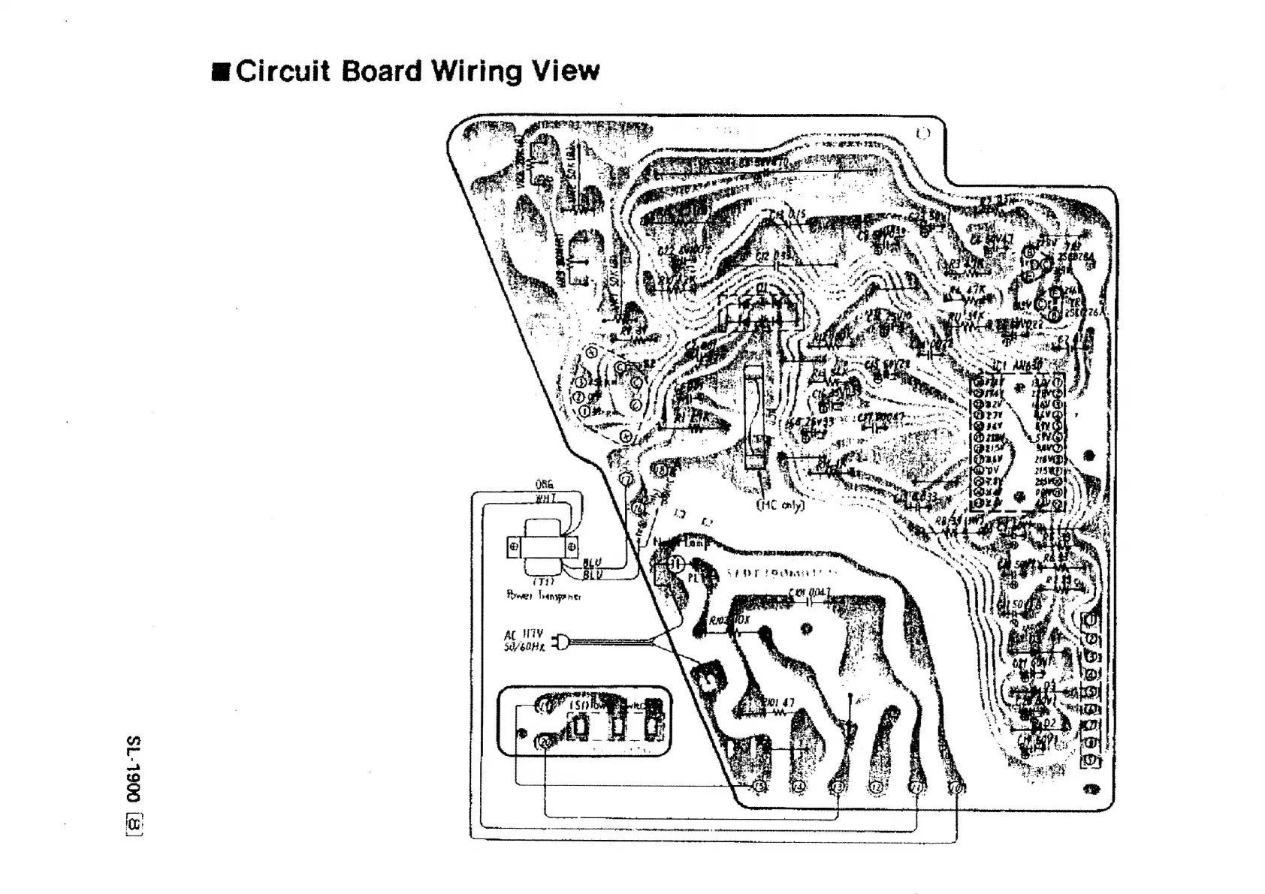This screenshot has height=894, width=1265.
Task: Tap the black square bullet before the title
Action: (221, 73)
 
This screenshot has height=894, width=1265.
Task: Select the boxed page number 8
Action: (134, 825)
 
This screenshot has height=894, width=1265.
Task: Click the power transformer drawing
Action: (542, 547)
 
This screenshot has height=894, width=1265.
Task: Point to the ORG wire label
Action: (545, 485)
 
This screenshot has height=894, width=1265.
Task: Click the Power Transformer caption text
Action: (543, 596)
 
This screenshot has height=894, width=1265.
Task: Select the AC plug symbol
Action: (558, 642)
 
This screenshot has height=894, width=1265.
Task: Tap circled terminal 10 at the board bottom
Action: (956, 787)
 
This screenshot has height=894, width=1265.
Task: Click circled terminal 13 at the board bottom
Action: (837, 787)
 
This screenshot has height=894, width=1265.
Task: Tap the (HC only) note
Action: (779, 505)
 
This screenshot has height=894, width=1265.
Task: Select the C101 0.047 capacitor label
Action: (809, 593)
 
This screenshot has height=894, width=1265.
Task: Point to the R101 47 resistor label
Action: (778, 703)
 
